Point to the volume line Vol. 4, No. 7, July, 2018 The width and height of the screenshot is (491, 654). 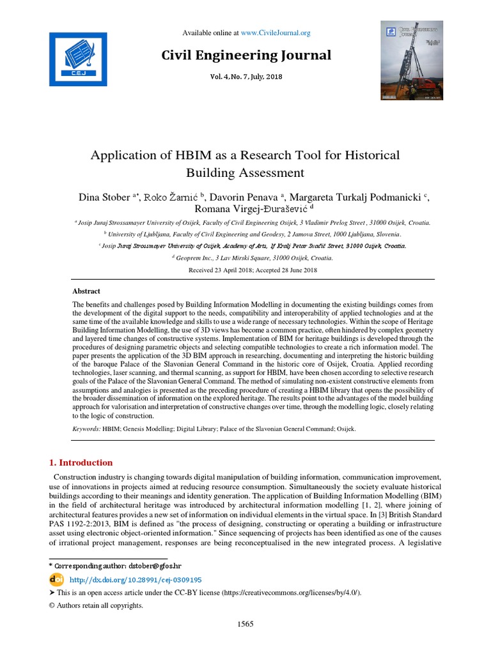[x=246, y=77]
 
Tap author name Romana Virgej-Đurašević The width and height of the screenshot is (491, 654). [x=250, y=209]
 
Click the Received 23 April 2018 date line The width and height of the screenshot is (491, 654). [x=253, y=270]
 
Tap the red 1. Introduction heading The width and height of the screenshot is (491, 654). [x=81, y=462]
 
